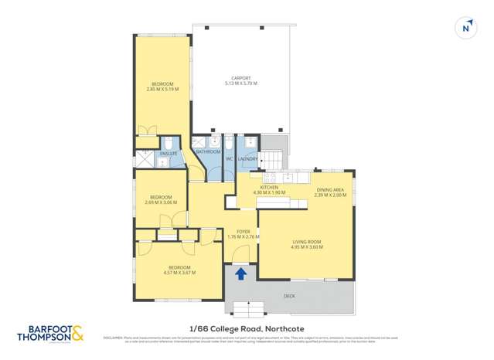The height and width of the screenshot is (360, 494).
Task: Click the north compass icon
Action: pyautogui.click(x=466, y=28)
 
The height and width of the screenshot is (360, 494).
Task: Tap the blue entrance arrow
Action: pyautogui.click(x=240, y=273)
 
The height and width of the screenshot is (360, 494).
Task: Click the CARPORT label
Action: pyautogui.click(x=240, y=78)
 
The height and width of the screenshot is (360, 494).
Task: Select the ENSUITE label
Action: pyautogui.click(x=169, y=153)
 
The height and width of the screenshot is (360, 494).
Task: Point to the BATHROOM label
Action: pyautogui.click(x=209, y=151)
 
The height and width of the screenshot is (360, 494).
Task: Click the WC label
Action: pyautogui.click(x=230, y=159)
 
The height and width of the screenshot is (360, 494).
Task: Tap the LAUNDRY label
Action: pyautogui.click(x=248, y=158)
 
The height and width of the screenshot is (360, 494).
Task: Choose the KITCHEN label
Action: pyautogui.click(x=269, y=187)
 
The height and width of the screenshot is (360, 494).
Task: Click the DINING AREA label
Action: pyautogui.click(x=330, y=189)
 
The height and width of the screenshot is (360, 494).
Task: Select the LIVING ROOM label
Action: pyautogui.click(x=306, y=242)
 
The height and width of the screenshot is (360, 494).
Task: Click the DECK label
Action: pyautogui.click(x=289, y=295)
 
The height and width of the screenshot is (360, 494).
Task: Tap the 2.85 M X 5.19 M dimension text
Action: pyautogui.click(x=162, y=89)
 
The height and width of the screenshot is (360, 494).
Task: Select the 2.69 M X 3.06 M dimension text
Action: pyautogui.click(x=161, y=202)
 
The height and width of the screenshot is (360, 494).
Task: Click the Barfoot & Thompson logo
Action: pyautogui.click(x=50, y=335)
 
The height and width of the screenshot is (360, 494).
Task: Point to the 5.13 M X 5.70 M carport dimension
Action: pyautogui.click(x=240, y=83)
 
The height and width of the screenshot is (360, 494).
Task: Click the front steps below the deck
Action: pyautogui.click(x=247, y=311)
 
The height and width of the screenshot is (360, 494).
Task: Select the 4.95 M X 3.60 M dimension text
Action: pyautogui.click(x=306, y=247)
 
